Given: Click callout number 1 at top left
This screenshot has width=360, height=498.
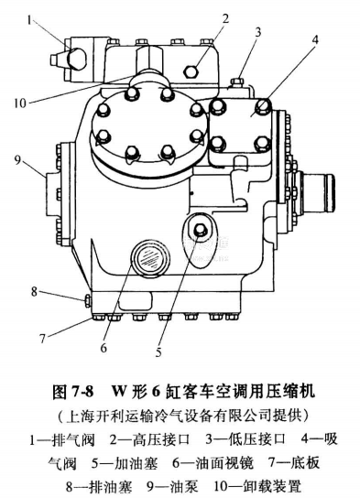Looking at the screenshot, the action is (x=29, y=21).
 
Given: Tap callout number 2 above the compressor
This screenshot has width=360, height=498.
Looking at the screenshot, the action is (x=225, y=18).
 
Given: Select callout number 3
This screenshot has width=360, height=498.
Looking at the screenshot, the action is (x=257, y=32).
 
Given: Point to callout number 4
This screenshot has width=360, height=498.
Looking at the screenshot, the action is (x=315, y=40).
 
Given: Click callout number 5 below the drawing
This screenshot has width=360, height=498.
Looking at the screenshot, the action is (x=158, y=352).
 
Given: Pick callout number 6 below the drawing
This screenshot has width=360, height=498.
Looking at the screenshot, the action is (x=104, y=348).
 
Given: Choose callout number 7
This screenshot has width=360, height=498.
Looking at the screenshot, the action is (x=43, y=339).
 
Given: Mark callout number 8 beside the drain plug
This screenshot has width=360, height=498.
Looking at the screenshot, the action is (x=34, y=291).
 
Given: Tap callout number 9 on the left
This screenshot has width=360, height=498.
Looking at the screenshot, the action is (x=17, y=160).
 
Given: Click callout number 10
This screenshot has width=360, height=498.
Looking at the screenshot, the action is (x=20, y=103).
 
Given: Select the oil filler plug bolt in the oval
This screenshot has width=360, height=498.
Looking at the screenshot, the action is (x=200, y=229).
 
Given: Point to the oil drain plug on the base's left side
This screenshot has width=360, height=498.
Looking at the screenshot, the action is (x=87, y=301).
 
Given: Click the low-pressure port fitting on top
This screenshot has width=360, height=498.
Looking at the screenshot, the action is (x=236, y=82).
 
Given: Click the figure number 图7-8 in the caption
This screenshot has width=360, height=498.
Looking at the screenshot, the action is (x=73, y=392).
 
